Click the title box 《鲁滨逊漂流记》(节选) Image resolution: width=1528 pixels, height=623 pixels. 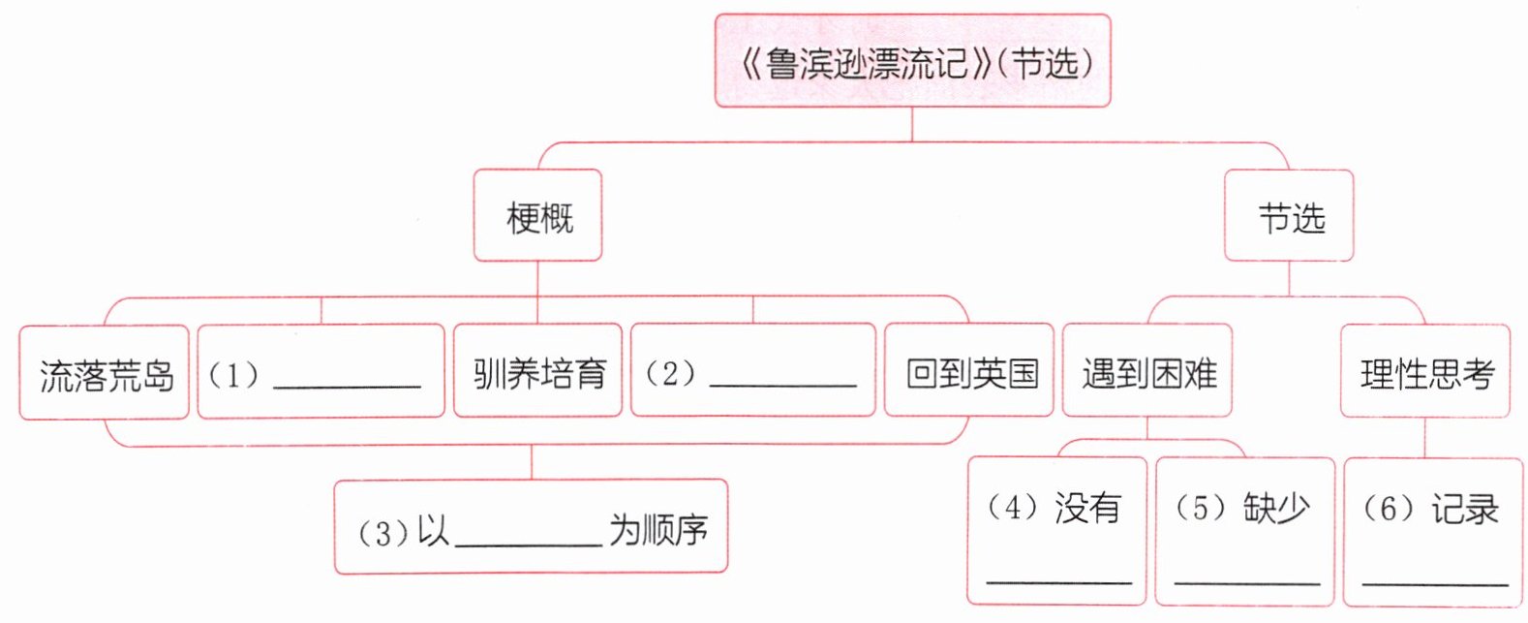(912, 61)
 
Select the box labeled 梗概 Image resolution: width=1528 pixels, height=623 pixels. (538, 216)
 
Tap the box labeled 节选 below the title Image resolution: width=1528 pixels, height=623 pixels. (1289, 216)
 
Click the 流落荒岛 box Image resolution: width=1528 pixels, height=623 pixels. (105, 374)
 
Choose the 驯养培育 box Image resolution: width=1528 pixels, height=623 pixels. (538, 372)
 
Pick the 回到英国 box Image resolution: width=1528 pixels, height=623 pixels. (969, 372)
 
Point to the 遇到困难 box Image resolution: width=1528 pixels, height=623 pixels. (1147, 372)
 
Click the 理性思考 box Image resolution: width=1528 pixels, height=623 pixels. (1425, 372)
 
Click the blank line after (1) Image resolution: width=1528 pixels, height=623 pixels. (347, 382)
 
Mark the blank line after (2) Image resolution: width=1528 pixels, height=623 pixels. (782, 382)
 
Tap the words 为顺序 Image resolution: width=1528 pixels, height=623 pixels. (658, 530)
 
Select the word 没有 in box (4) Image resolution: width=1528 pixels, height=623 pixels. (1087, 507)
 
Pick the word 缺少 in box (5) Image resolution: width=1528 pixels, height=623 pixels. (1276, 507)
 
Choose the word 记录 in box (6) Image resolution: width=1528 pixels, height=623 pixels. (1464, 508)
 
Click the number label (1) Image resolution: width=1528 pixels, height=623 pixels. (233, 374)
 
